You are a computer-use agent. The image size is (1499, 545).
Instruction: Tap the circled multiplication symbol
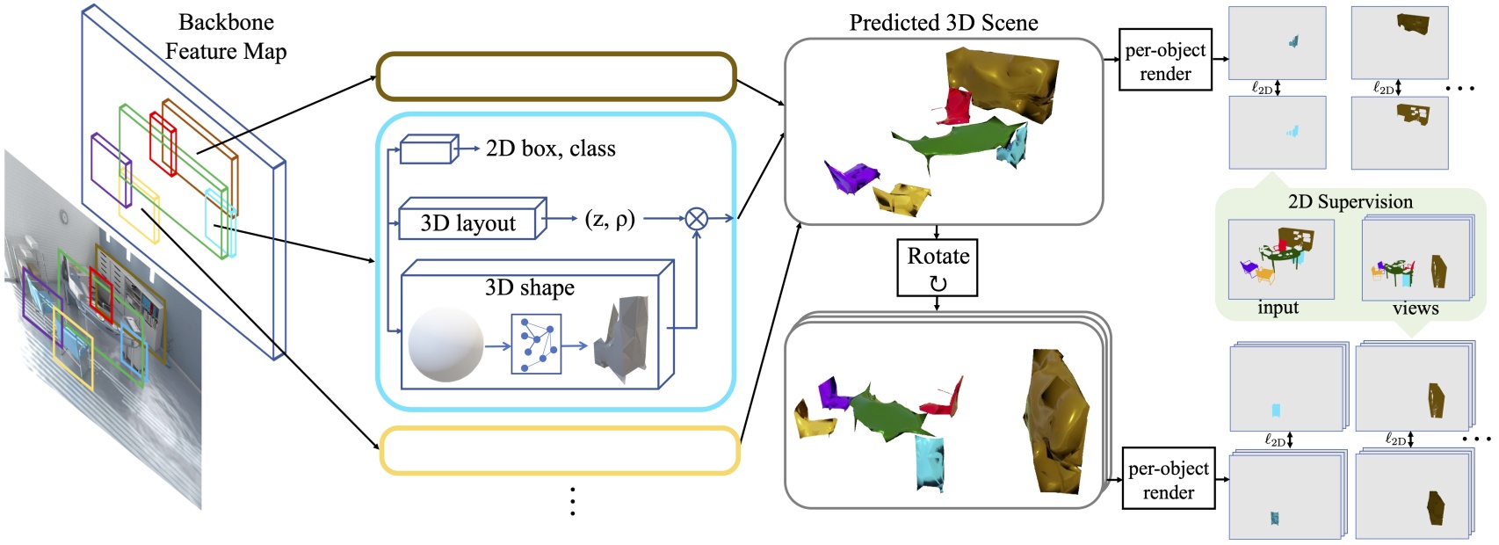pos(696,218)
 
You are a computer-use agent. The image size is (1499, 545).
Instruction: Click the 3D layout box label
pos(467,223)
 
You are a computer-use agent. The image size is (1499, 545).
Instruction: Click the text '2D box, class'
pos(550,149)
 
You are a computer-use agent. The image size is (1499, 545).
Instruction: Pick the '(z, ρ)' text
pos(609,218)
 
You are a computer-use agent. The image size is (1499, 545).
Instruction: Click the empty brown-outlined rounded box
pos(555,76)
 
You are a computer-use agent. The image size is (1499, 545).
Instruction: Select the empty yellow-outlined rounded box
pos(559,451)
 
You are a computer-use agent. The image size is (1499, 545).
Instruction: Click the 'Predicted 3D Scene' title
pos(943,23)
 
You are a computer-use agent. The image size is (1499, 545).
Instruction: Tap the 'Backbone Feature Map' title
pos(226,37)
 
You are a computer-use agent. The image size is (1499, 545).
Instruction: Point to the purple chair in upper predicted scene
pos(848,176)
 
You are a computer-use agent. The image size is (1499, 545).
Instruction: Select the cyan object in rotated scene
pos(930,463)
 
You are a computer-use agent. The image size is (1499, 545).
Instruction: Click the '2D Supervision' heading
pos(1350,201)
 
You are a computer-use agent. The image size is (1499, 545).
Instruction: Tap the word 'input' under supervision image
pos(1278,308)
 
